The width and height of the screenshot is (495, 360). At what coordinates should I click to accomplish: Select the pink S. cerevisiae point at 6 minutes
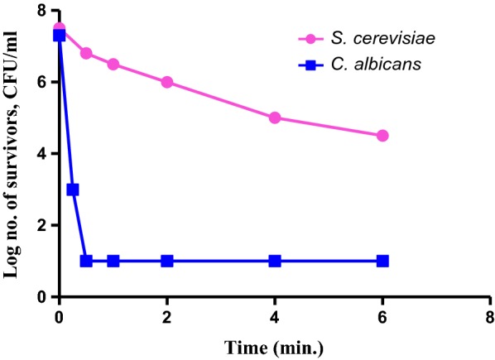point(382,136)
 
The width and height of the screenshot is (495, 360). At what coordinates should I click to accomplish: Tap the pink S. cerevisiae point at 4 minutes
point(275,118)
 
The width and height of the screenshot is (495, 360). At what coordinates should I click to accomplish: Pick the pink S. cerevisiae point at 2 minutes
point(167,82)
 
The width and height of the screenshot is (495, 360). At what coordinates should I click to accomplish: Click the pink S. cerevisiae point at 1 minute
point(113,65)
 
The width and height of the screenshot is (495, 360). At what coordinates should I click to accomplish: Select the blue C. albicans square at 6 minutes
point(382,261)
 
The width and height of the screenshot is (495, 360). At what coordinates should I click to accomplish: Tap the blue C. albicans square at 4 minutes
point(275,261)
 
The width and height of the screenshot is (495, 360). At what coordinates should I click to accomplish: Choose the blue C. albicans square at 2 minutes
point(167,261)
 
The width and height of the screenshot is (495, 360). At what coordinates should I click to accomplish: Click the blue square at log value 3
point(73,190)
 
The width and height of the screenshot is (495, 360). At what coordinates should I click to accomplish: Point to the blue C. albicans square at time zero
point(59,35)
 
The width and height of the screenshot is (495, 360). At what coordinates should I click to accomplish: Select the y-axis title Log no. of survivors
point(12,153)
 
